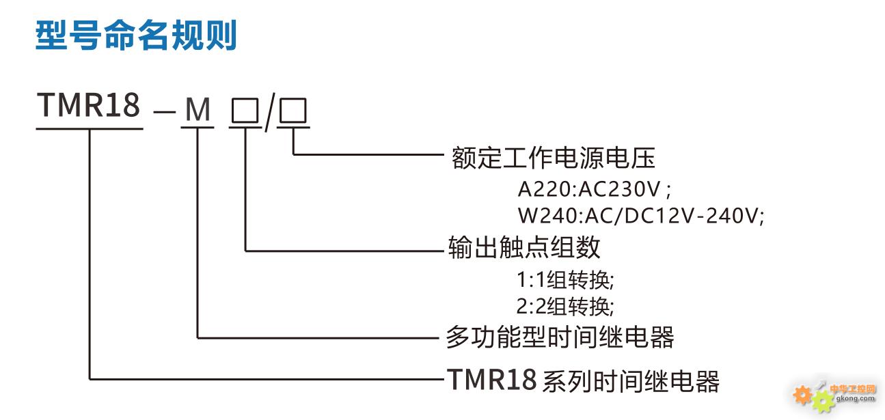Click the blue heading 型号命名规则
coord(136,36)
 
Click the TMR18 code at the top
coord(88,106)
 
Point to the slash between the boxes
coord(269,111)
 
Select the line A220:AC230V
coord(594,188)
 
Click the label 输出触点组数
coord(524,247)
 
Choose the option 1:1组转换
coord(566,279)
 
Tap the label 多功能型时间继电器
coord(560,337)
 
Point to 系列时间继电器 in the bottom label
coord(631,381)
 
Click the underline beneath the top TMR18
coord(90,128)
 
